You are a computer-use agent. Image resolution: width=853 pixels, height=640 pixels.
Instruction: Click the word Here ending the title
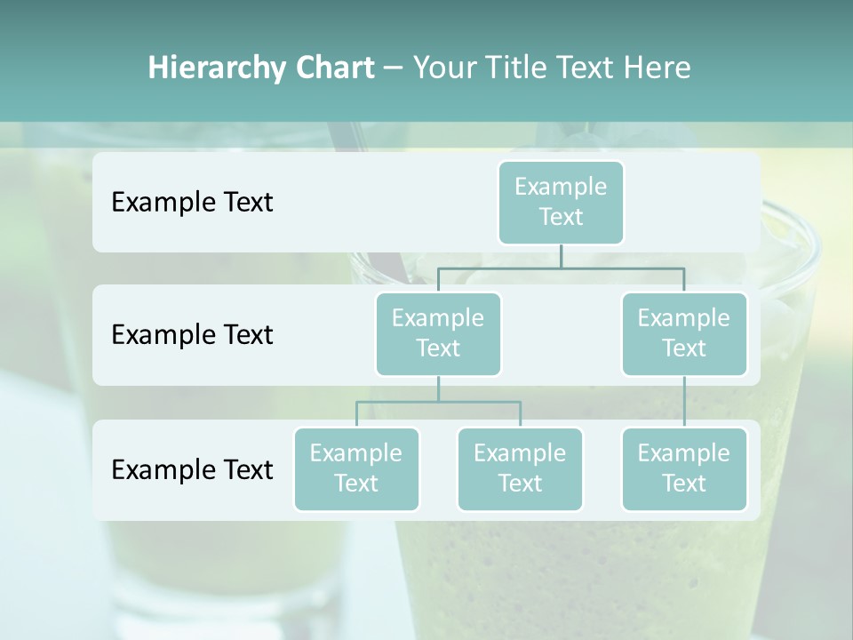[658, 68]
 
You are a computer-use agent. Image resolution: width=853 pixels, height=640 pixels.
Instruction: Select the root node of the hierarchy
[561, 202]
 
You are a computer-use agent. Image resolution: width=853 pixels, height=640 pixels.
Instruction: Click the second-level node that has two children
[438, 333]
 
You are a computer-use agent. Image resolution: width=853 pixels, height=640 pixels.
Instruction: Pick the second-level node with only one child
[683, 333]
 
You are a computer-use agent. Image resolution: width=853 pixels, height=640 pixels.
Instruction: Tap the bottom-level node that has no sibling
[683, 468]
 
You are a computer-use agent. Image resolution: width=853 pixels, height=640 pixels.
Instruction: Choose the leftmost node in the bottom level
[356, 468]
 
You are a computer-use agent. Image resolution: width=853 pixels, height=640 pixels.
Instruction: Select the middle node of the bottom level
[520, 468]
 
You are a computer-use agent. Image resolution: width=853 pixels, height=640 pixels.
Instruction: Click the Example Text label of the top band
[192, 202]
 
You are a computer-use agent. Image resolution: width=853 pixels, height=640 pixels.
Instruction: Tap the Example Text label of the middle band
[192, 334]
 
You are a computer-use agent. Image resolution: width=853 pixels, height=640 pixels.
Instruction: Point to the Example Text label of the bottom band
[192, 469]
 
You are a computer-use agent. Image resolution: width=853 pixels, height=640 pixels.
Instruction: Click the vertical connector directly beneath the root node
[561, 256]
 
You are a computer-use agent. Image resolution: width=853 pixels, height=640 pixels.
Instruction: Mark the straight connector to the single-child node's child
[683, 402]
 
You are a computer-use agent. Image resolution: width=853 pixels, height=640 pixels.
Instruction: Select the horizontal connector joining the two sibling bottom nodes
[438, 402]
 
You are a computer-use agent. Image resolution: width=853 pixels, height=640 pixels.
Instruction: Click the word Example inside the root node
[561, 187]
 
